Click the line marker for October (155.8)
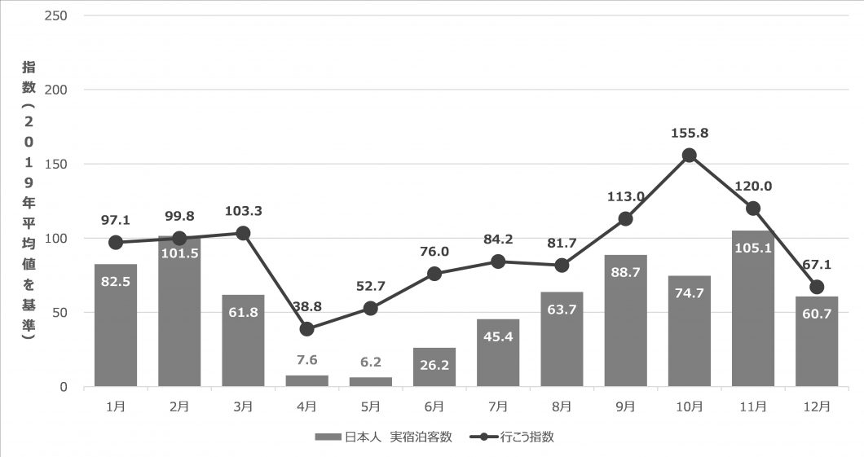[x=690, y=156]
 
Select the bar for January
[x=116, y=325]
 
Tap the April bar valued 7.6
[x=306, y=380]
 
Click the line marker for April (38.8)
[x=306, y=329]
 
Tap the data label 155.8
[x=690, y=133]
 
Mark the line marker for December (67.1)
[x=817, y=287]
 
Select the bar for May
[x=370, y=382]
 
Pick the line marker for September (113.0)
[x=626, y=218]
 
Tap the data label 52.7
[x=370, y=286]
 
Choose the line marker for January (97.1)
[x=116, y=243]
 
